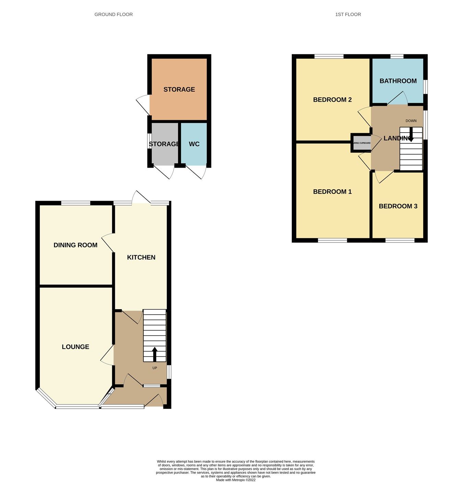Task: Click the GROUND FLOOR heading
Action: (x=114, y=14)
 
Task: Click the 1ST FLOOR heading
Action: (x=348, y=14)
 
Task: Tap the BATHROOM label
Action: (x=398, y=81)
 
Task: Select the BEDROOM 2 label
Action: (x=332, y=100)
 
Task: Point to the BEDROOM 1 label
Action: (x=332, y=192)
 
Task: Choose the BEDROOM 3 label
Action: (x=398, y=206)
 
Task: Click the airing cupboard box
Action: (x=361, y=143)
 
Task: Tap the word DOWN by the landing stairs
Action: (x=411, y=121)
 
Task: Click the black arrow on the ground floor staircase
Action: (x=154, y=354)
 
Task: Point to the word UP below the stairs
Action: (x=155, y=368)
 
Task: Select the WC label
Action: (x=194, y=144)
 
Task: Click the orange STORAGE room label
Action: (x=179, y=89)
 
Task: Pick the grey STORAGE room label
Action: (x=164, y=144)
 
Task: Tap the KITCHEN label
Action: (x=141, y=257)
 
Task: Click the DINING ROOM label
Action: (x=75, y=245)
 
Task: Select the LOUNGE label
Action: (x=75, y=347)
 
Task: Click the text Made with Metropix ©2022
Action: (x=236, y=480)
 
